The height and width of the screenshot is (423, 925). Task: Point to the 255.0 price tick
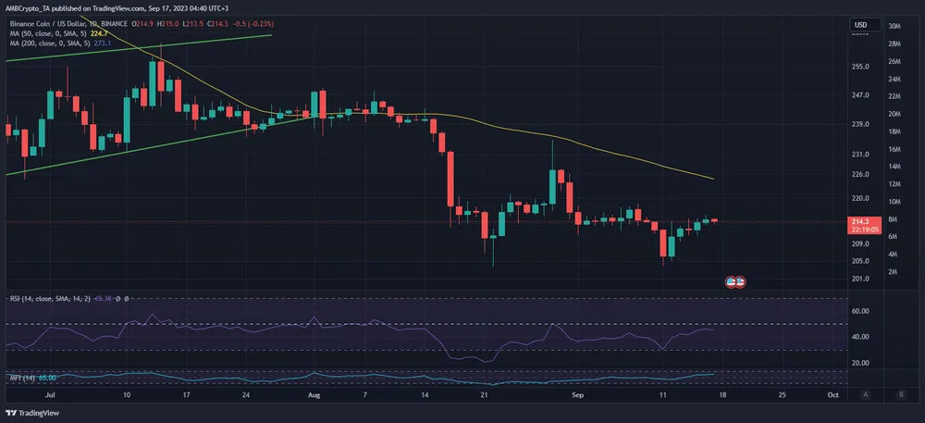[860, 67]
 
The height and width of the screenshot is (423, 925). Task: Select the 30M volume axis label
[895, 26]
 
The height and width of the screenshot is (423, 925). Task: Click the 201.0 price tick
[860, 279]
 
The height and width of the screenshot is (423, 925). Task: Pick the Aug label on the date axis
[313, 394]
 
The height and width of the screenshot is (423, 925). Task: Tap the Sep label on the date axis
[578, 394]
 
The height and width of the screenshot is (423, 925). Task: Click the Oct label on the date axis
[832, 394]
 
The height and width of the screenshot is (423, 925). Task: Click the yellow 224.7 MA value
[100, 33]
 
